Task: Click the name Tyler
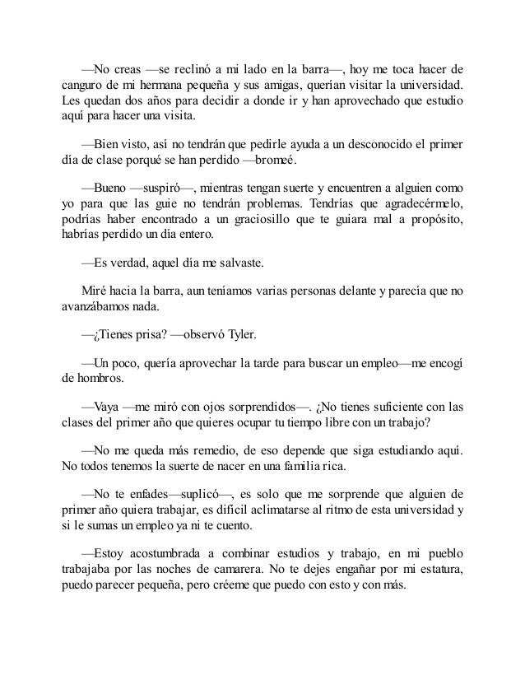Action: click(x=267, y=335)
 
